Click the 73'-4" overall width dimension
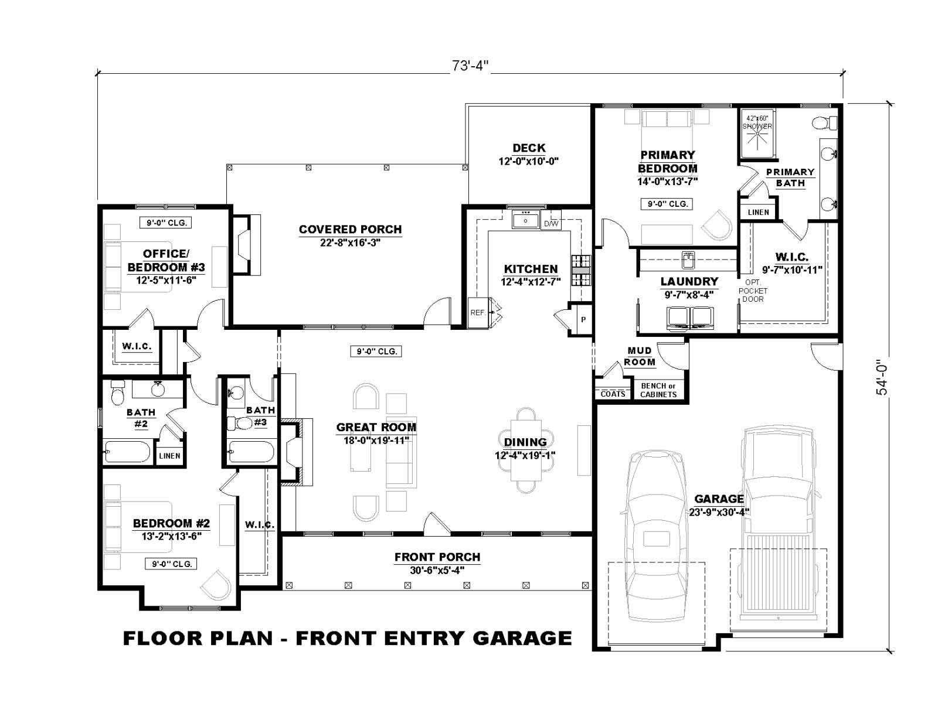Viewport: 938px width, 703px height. (x=470, y=66)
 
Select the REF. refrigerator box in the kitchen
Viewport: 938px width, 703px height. (x=478, y=312)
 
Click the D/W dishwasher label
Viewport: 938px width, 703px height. (x=551, y=223)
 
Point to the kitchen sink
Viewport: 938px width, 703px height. (x=525, y=221)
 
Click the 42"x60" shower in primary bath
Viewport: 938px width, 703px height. (x=757, y=133)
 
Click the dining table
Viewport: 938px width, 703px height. (x=525, y=450)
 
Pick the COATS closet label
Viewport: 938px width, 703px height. (x=613, y=394)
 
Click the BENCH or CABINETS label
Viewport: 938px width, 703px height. (x=658, y=390)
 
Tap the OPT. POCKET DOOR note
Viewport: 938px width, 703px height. (x=753, y=291)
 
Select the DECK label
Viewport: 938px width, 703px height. (x=529, y=148)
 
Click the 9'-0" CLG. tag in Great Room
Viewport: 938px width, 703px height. (x=376, y=351)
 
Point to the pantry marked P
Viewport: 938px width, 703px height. (x=583, y=319)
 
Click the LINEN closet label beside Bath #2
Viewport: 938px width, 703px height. (x=169, y=456)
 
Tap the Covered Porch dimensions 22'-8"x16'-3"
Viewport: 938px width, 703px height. (x=351, y=243)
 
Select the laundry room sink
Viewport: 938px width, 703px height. (x=688, y=260)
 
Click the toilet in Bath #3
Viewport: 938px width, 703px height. (x=240, y=424)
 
